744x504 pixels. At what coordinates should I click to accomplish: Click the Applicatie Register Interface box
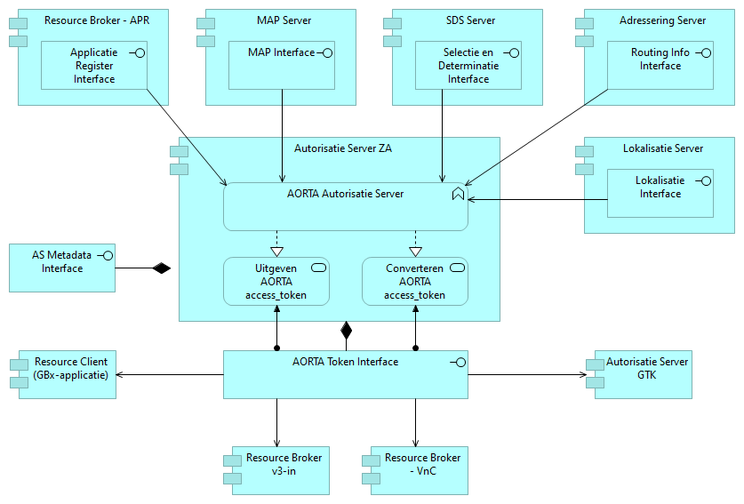click(x=93, y=66)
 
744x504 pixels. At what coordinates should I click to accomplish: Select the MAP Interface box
click(x=281, y=65)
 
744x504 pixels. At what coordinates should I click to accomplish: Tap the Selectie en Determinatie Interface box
click(x=468, y=66)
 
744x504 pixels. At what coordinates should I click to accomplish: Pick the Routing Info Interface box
click(x=660, y=65)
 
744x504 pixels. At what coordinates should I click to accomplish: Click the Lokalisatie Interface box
click(x=660, y=193)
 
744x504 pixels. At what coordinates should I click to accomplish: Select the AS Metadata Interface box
click(x=62, y=267)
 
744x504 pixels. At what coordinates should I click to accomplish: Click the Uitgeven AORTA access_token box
click(x=276, y=281)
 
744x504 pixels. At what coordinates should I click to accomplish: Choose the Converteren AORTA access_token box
click(x=415, y=281)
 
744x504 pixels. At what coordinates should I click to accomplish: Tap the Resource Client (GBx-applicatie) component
click(x=68, y=374)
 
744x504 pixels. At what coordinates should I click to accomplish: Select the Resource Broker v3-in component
click(x=276, y=469)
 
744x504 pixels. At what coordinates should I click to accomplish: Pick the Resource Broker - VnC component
click(x=415, y=469)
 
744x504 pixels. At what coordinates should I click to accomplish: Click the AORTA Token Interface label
click(x=345, y=362)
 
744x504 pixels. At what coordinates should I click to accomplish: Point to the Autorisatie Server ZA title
click(x=342, y=148)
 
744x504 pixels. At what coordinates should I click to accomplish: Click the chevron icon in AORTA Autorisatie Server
click(x=458, y=194)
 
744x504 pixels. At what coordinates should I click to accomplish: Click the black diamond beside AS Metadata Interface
click(x=160, y=268)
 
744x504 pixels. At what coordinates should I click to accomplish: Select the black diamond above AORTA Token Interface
click(x=347, y=332)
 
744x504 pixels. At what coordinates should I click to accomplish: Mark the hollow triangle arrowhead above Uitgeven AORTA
click(x=276, y=251)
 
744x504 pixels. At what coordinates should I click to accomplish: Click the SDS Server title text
click(x=468, y=20)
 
